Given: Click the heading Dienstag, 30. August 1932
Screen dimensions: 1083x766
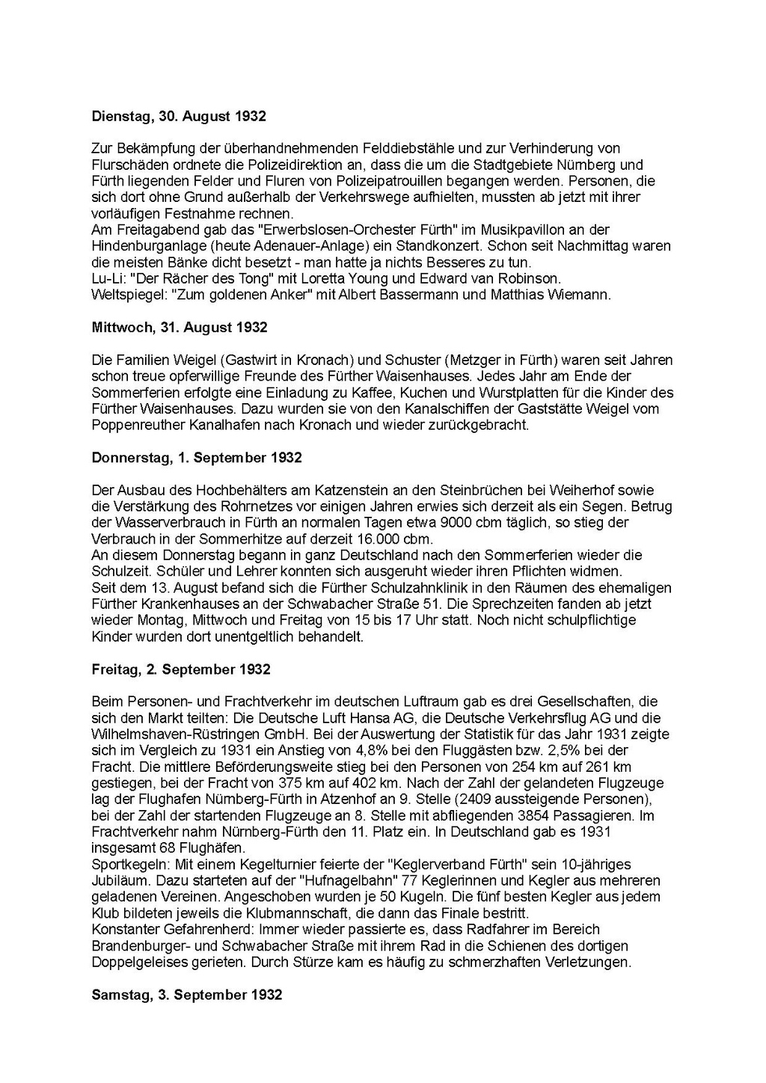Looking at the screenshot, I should (179, 117).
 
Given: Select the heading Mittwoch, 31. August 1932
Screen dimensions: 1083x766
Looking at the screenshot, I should (180, 328).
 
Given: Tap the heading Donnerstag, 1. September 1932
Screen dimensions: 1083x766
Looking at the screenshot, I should (197, 458).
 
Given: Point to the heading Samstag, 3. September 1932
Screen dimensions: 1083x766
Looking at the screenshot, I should (187, 995).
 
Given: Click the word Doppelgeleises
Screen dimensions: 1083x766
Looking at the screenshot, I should (141, 962).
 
